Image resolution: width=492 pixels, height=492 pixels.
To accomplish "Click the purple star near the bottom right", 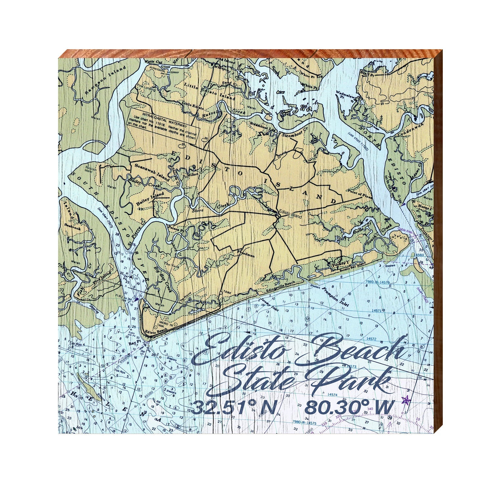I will (406, 400).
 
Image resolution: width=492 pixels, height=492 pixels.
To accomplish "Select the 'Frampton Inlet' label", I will (335, 297).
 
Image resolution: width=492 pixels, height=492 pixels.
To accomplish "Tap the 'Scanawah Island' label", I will (152, 172).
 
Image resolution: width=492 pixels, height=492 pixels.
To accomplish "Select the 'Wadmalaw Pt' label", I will (344, 95).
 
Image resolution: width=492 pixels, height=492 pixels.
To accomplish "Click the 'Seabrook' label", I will (72, 226).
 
